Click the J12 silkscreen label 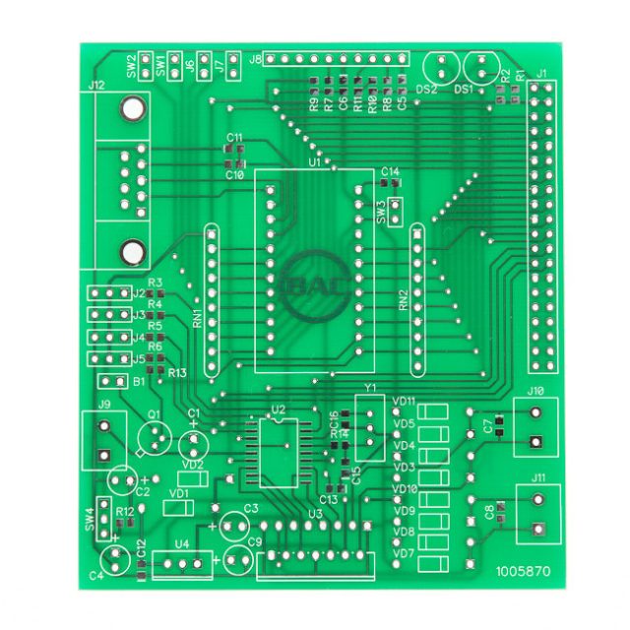[95, 87]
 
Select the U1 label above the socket [314, 161]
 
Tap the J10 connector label [535, 391]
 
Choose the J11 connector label [537, 477]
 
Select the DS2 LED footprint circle [441, 68]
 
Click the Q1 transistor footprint [153, 436]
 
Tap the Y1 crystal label [370, 388]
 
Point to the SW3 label [382, 211]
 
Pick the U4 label [181, 544]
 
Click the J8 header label [256, 59]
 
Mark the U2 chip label [278, 409]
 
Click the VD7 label [404, 553]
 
